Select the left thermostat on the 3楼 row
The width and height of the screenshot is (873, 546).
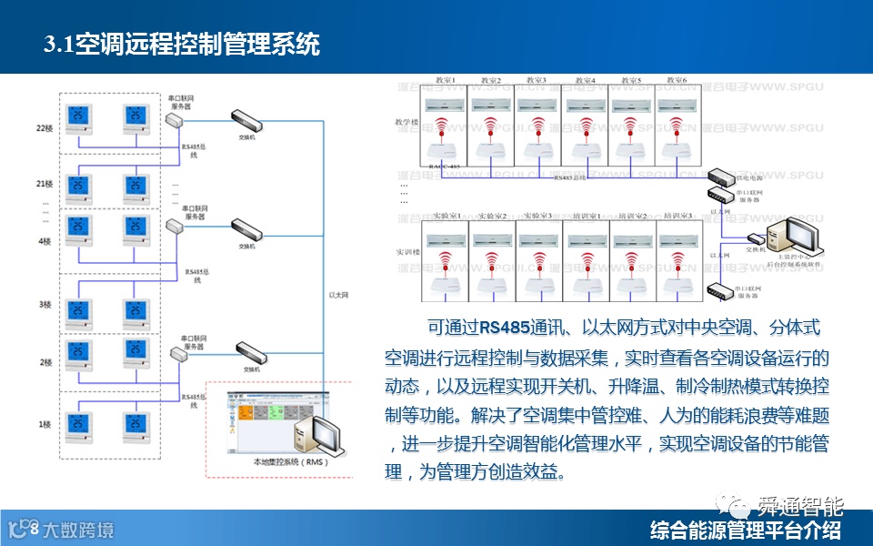(79, 311)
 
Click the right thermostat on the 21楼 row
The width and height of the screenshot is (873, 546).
(135, 187)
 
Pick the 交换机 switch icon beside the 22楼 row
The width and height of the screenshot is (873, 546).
(246, 118)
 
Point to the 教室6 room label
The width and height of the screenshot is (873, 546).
(677, 80)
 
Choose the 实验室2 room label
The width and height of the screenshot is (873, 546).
(492, 216)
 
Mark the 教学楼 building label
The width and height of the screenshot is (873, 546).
(406, 122)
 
